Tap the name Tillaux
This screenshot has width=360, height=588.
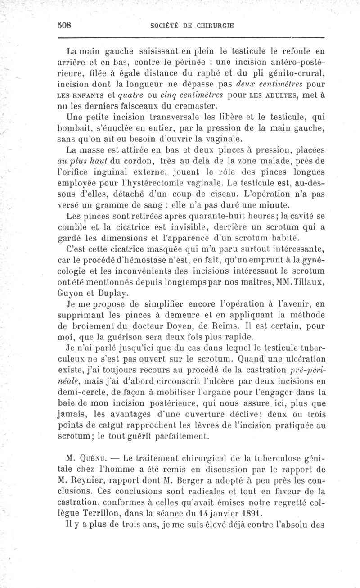point(308,280)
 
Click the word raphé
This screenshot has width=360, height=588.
point(193,73)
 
